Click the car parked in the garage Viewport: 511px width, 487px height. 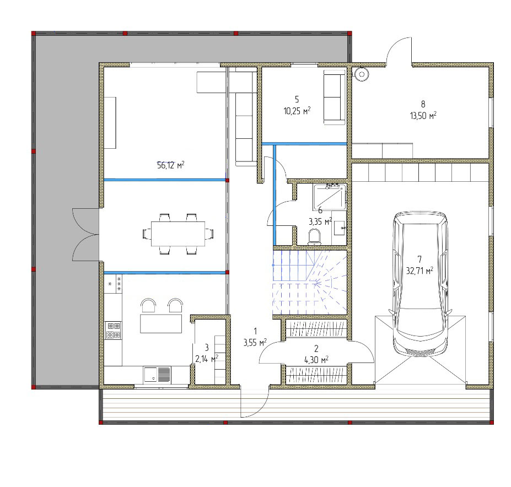[x=420, y=283]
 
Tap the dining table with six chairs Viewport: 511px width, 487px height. [x=177, y=234]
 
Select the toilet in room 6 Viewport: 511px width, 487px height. [x=315, y=237]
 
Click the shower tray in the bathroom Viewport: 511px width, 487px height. [x=330, y=197]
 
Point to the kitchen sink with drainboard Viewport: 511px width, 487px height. [x=158, y=374]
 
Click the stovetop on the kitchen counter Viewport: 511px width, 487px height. [x=114, y=331]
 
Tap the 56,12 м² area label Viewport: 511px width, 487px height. [x=170, y=165]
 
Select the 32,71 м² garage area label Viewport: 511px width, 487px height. [x=419, y=270]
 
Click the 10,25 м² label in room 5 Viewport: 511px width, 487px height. [x=297, y=111]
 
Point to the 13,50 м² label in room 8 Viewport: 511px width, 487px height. [x=423, y=116]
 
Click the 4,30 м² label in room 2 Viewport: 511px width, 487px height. [x=316, y=360]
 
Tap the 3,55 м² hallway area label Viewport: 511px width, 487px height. [x=255, y=342]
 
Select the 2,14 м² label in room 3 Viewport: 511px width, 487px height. [x=207, y=359]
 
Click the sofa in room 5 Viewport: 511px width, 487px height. [x=334, y=97]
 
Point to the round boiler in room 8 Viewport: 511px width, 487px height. [x=362, y=74]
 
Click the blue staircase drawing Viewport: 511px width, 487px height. [x=310, y=283]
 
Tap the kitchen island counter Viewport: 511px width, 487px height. [x=161, y=323]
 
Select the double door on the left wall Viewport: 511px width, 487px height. [x=85, y=234]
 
